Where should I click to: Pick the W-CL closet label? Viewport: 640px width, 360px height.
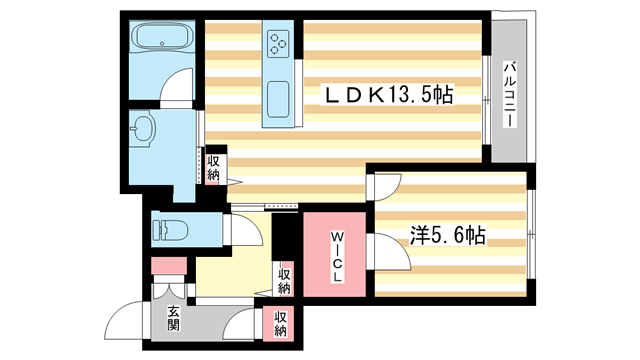click(337, 254)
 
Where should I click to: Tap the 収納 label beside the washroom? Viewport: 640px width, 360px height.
click(214, 168)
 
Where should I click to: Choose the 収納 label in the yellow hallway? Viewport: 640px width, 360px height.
click(285, 281)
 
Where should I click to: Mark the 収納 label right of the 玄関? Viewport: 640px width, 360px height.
click(280, 322)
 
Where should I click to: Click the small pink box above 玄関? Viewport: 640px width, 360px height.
click(167, 267)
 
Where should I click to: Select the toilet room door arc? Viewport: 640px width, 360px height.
click(250, 236)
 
